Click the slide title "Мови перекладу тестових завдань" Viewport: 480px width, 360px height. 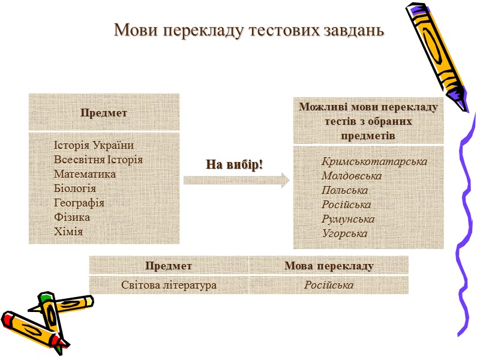248,29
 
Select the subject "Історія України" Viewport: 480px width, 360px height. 94,145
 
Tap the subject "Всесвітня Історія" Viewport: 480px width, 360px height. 98,160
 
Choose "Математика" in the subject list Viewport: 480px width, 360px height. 85,174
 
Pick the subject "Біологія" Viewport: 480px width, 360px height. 75,188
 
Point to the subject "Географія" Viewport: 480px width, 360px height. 79,203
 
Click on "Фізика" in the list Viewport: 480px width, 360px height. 72,217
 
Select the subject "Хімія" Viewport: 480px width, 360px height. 68,232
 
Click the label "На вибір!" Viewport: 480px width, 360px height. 235,164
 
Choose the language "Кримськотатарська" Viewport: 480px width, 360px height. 374,162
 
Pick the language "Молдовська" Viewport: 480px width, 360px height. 352,176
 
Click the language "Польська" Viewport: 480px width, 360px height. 345,191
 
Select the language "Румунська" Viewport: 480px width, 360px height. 348,220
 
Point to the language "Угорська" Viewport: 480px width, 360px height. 344,234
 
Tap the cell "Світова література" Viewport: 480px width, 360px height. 169,286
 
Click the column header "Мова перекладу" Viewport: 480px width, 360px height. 329,266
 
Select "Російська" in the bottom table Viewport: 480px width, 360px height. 329,286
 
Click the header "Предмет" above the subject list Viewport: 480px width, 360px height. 104,113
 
